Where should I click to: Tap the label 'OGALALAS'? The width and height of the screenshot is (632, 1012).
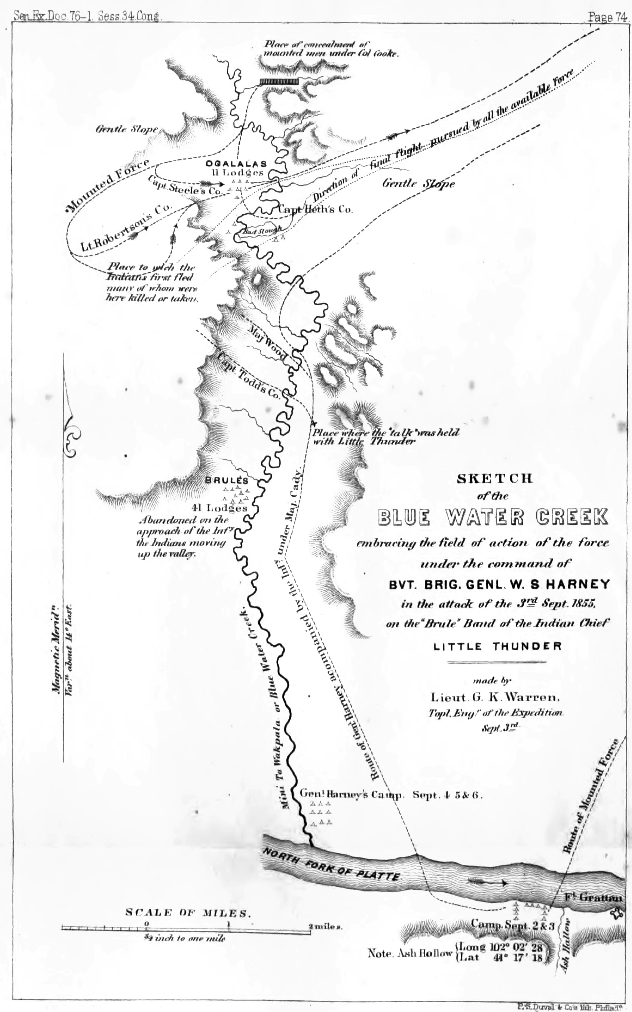(x=236, y=164)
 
